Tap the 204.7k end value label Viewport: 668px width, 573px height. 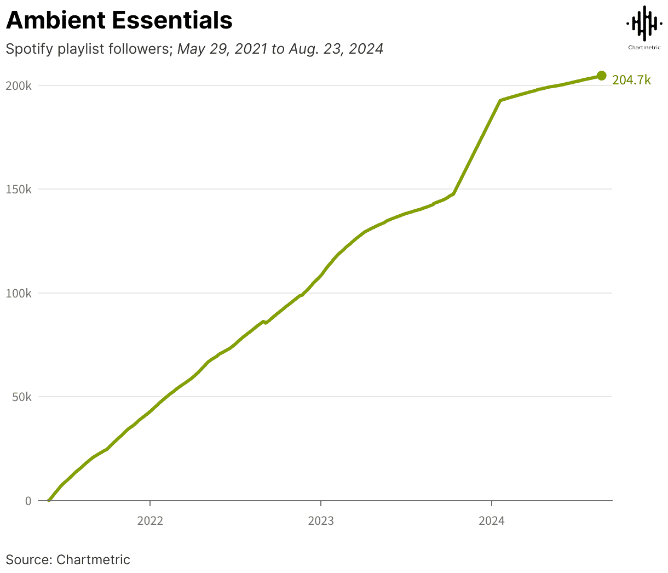click(631, 80)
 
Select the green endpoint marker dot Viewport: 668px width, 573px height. click(601, 76)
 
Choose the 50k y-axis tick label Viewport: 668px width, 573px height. click(22, 397)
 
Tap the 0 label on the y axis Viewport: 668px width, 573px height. click(28, 501)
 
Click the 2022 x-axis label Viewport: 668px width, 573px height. click(150, 521)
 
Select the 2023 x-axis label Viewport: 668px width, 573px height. click(321, 521)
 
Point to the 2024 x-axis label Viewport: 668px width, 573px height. click(492, 521)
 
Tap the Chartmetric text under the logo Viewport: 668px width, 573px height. click(644, 48)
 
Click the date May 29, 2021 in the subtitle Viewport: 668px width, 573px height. click(222, 49)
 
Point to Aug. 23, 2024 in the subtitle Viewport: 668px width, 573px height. click(336, 49)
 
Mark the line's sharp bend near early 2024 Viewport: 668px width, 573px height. click(500, 100)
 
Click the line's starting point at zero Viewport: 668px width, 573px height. click(49, 500)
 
